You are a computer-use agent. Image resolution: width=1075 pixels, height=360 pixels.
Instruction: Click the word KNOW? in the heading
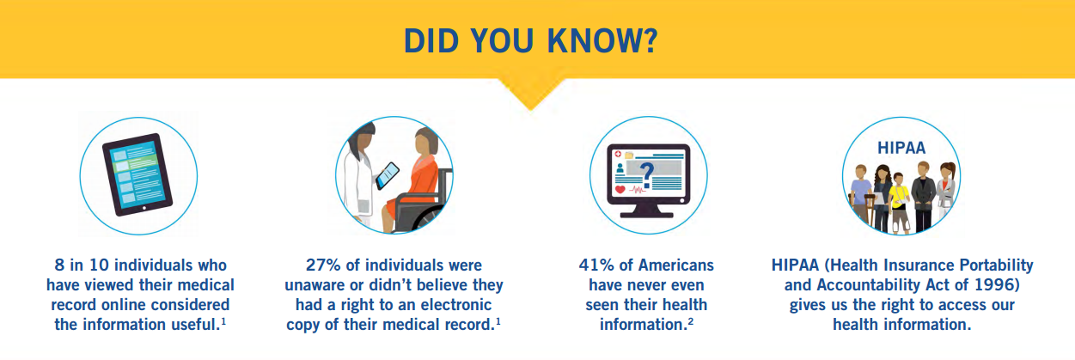click(602, 40)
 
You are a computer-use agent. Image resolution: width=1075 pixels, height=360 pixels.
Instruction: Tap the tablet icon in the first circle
click(137, 174)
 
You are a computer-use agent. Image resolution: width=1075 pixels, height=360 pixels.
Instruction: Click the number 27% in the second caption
click(323, 265)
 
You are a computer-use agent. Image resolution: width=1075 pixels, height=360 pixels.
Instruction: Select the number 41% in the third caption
click(596, 265)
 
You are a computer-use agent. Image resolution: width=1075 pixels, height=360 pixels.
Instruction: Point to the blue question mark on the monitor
click(647, 174)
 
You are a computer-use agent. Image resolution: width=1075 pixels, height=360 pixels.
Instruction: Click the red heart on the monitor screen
click(620, 189)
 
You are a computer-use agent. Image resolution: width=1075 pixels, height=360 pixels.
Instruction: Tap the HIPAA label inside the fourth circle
click(901, 148)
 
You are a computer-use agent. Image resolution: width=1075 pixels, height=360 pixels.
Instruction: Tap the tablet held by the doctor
click(388, 175)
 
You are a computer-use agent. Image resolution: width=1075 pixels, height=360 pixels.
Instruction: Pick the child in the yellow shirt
click(898, 203)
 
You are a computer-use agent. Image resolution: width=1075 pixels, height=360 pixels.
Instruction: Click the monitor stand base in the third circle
click(647, 214)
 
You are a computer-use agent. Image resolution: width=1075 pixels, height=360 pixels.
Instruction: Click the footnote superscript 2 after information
click(691, 321)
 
